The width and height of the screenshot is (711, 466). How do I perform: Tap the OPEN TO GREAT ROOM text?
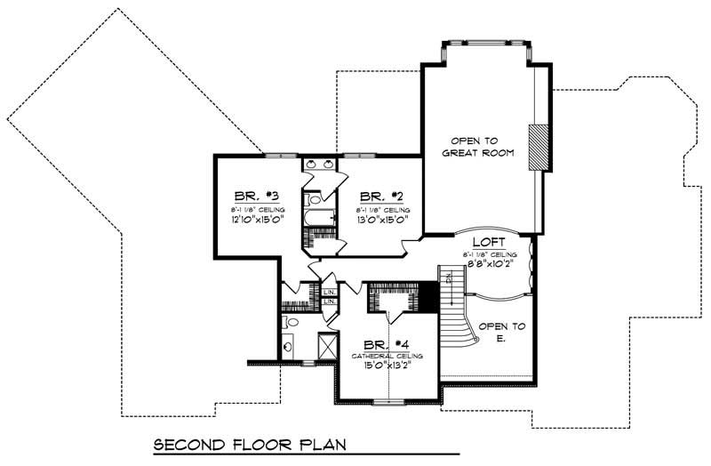point(478,147)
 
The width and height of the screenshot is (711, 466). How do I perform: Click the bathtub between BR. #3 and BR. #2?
point(318,216)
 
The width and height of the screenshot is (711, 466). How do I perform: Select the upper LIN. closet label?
point(329,292)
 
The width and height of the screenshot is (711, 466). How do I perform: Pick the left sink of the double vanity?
point(310,165)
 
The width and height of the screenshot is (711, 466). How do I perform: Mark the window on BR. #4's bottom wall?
point(388,402)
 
